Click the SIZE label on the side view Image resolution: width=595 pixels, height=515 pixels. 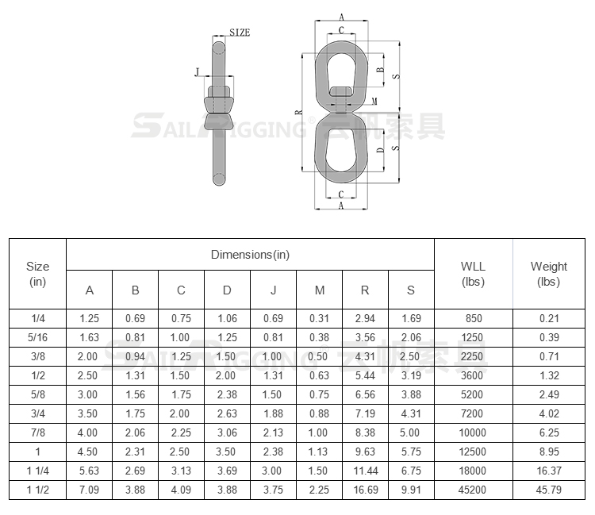pos(240,33)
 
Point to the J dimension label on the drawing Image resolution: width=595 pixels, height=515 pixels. pos(197,71)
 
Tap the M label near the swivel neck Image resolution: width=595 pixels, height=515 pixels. pos(374,102)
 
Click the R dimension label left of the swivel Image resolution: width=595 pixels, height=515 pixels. pos(299,113)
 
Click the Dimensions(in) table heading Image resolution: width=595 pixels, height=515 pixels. pos(250,255)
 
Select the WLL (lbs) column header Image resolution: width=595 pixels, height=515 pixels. pos(473,274)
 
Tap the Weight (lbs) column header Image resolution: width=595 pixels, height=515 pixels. pos(549,274)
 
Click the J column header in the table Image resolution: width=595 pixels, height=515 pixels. pos(273,290)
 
